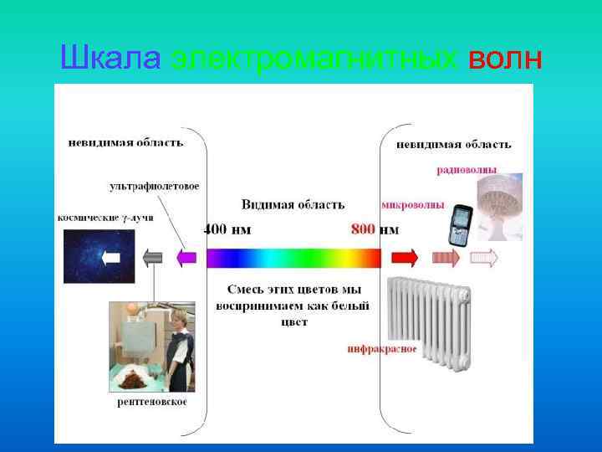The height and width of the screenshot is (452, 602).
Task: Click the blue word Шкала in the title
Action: [x=112, y=59]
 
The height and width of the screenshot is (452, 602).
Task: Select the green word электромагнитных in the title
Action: [x=314, y=59]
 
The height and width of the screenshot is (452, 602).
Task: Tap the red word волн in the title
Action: [x=505, y=59]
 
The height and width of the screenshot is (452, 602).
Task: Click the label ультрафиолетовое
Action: [x=154, y=186]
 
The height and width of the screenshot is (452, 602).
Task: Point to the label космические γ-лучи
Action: [x=105, y=217]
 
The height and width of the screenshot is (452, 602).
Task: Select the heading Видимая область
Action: [x=293, y=204]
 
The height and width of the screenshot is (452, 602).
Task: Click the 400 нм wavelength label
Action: [x=228, y=229]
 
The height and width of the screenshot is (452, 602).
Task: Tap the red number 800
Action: [x=363, y=229]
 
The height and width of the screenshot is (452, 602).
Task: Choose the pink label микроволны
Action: [x=412, y=204]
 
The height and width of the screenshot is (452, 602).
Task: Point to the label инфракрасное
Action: [x=382, y=348]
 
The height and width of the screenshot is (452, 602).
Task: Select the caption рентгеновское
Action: [x=151, y=402]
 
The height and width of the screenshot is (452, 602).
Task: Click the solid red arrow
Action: [x=405, y=257]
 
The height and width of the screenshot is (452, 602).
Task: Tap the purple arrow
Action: [x=187, y=257]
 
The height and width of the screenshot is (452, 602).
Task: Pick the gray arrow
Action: [x=152, y=258]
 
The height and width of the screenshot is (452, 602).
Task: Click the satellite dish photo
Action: [x=498, y=205]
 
